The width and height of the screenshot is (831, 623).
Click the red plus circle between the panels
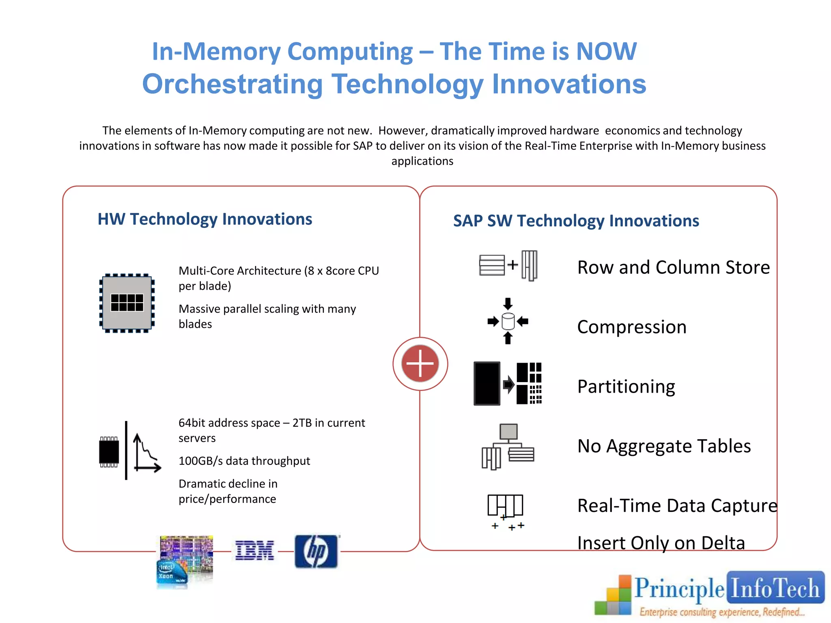pos(420,363)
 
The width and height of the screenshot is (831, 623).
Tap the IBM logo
pos(254,551)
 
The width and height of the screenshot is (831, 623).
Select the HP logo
pos(316,551)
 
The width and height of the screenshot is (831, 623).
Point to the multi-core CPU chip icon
pos(127,303)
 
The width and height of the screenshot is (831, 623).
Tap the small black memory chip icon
pos(109,452)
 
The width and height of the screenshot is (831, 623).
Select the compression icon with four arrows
pos(508,321)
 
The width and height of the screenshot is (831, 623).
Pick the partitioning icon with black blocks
pos(508,383)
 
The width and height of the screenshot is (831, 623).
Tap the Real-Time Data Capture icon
pos(506,511)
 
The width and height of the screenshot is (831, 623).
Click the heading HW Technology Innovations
pos(205,219)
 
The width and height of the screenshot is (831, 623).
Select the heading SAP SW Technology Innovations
pos(576,221)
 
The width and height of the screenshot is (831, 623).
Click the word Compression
pos(631,327)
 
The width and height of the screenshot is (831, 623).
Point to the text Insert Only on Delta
pos(661,543)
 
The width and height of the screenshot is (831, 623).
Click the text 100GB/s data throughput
pos(244,461)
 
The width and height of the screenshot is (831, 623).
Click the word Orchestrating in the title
pos(233,84)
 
